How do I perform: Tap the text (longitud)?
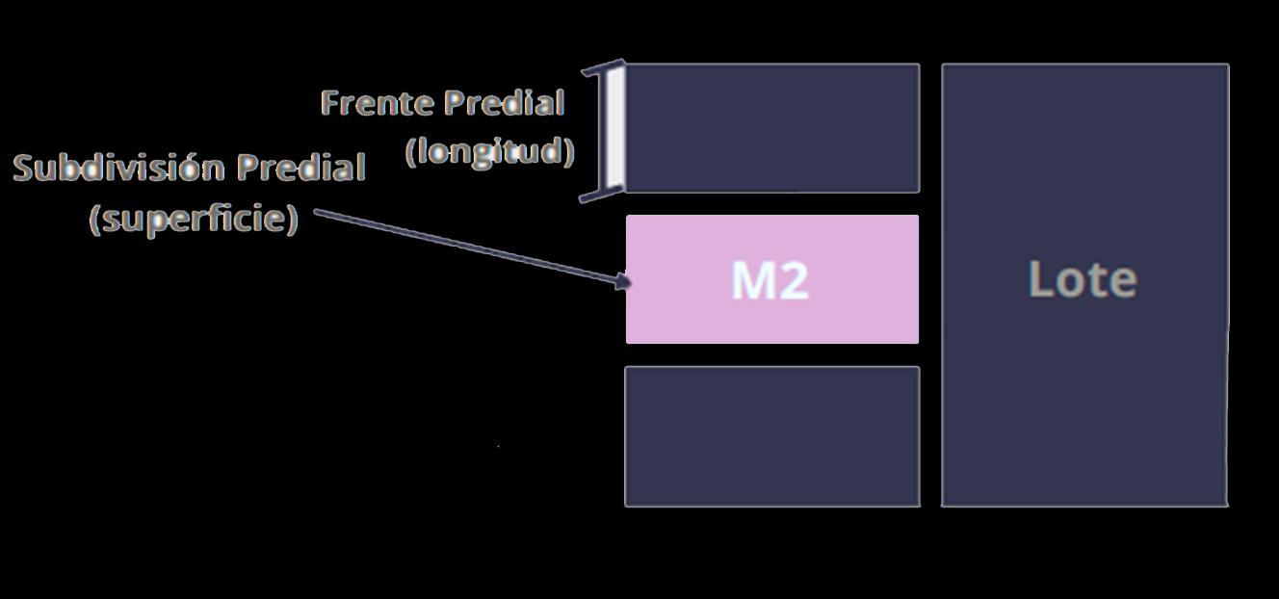pos(490,151)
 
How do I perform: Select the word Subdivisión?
pos(119,168)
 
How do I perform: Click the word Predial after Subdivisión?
pos(301,168)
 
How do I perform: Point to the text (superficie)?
pos(194,219)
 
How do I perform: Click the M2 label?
pos(770,280)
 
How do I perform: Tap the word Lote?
pos(1083,279)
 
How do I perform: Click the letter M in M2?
pos(752,280)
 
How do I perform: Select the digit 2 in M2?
pos(793,280)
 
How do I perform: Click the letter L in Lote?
pos(1039,279)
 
